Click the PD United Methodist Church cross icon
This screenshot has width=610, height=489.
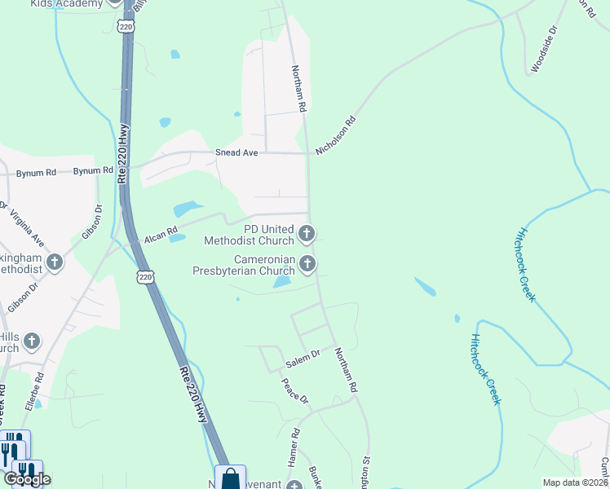(307, 235)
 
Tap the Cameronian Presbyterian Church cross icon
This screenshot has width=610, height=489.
(307, 263)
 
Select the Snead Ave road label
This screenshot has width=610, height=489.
(236, 152)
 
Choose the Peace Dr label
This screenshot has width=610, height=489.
(294, 390)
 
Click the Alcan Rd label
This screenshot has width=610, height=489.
(161, 236)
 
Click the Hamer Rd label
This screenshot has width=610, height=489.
(293, 448)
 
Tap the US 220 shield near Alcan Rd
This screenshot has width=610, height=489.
(145, 276)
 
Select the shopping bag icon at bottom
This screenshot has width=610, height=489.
(230, 478)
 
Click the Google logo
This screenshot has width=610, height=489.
(28, 479)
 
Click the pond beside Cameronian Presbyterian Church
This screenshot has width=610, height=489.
(281, 282)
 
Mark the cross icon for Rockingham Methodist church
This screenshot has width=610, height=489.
(55, 262)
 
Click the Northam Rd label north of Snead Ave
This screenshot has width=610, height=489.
(299, 90)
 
